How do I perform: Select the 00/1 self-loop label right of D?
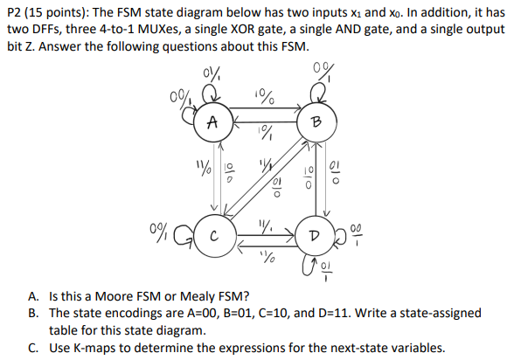coord(358,234)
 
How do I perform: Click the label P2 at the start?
coord(16,12)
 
